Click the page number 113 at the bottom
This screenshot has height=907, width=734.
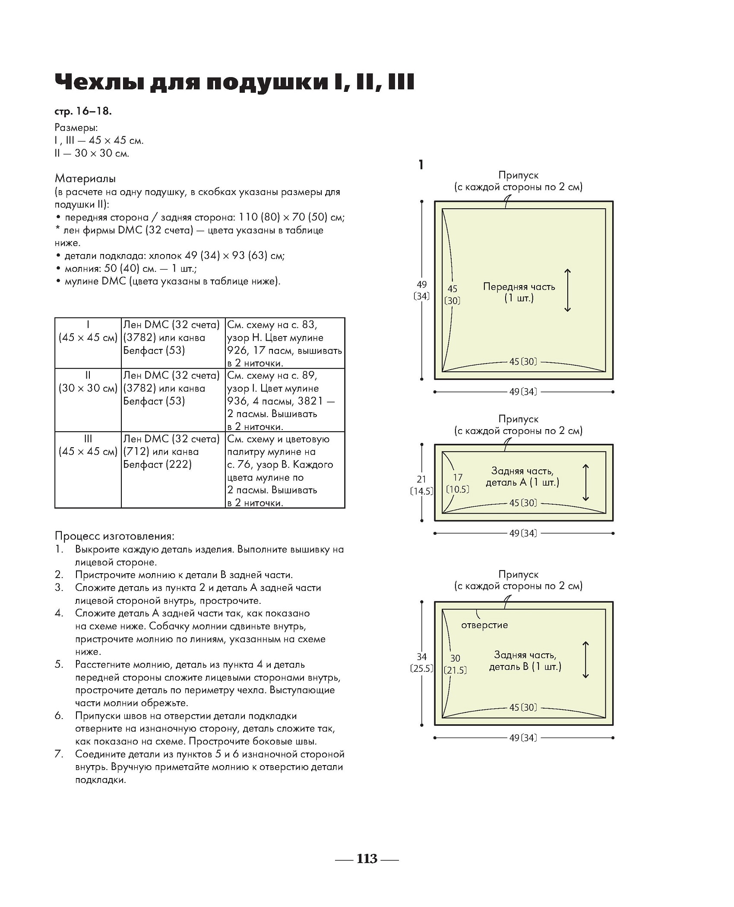[367, 859]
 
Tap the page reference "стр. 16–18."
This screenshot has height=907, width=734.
[83, 111]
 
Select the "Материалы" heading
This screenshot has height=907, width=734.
[85, 178]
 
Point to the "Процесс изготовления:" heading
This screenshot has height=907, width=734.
[114, 536]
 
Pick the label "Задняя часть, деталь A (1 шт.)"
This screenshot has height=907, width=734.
[522, 477]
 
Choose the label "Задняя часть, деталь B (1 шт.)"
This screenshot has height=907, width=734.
[525, 661]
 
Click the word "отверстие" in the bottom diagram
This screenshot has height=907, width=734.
[484, 625]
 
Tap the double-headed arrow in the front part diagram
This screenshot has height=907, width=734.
[567, 290]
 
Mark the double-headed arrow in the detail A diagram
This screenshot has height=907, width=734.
[585, 483]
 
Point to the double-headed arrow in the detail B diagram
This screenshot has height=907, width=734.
[585, 660]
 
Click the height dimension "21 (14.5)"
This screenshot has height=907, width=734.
[421, 485]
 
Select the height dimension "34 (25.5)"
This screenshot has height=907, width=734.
[421, 662]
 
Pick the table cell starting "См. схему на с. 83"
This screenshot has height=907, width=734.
[285, 343]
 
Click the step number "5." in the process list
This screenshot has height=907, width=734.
[59, 665]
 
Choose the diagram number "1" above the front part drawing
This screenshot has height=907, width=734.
[421, 165]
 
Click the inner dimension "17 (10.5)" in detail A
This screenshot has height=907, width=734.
[458, 483]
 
